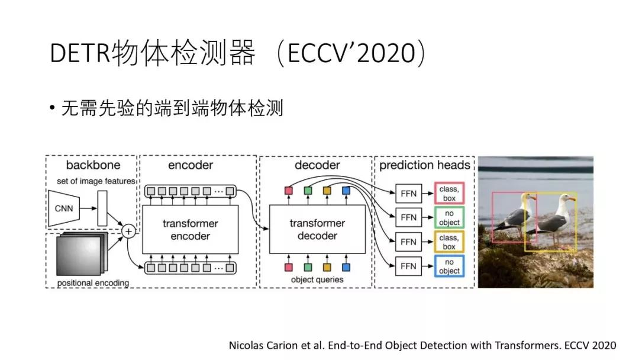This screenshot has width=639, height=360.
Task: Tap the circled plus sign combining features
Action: pos(128,231)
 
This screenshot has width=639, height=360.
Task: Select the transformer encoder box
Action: pos(190,230)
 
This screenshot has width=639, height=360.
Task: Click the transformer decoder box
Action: pos(317,230)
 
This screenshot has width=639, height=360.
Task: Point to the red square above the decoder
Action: pos(289,191)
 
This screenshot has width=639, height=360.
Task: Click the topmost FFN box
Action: pos(408,193)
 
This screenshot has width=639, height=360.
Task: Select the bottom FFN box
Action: pos(408,266)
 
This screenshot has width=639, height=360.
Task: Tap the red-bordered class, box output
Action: pos(449,193)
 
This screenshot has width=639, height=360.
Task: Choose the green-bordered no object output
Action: pos(449,217)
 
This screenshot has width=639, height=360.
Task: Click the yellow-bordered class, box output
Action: pos(449,242)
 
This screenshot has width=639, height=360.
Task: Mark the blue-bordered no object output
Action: pos(449,266)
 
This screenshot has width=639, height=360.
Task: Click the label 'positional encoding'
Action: pos(93,283)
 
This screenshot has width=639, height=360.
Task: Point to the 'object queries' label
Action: pos(317,279)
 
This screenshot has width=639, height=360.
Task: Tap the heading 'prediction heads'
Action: pos(424,165)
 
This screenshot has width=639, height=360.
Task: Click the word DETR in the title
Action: pos(80,54)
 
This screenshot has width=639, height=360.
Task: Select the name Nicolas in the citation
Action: pos(246,345)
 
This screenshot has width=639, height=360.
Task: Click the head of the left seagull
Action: pos(526,198)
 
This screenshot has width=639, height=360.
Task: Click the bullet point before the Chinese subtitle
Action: pos(53,109)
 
